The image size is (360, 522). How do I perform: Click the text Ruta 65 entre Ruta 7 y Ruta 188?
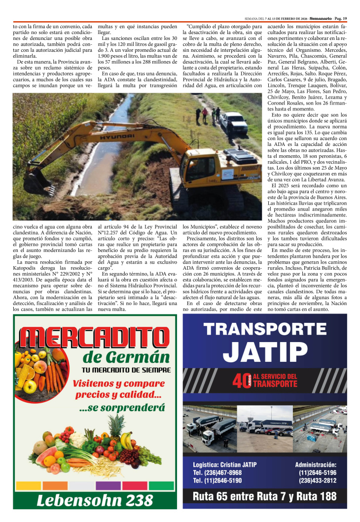[265, 496]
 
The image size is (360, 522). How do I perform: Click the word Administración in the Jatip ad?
[316, 464]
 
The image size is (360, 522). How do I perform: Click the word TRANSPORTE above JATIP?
[265, 329]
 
